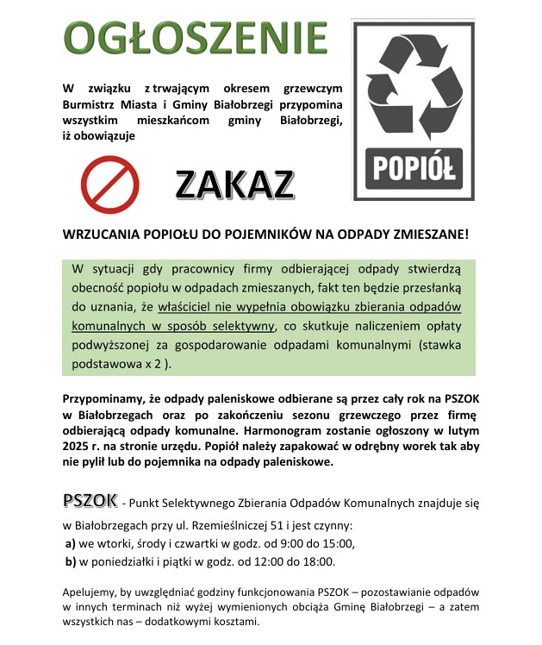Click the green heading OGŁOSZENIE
pos(196,37)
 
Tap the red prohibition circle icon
pos(109,184)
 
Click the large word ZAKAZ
pos(234,184)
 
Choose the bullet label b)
pos(71,562)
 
